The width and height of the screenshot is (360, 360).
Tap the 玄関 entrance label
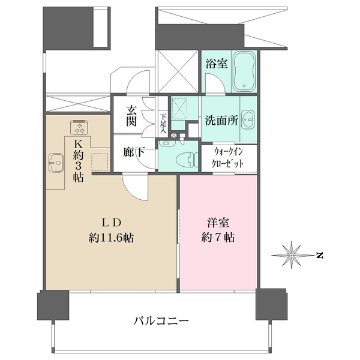coord(131,115)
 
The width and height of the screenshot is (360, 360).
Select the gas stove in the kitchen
coord(79,126)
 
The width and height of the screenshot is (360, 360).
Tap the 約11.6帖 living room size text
coord(111,237)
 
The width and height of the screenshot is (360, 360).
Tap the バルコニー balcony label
coord(161,322)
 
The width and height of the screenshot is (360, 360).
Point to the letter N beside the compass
coord(320,256)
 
